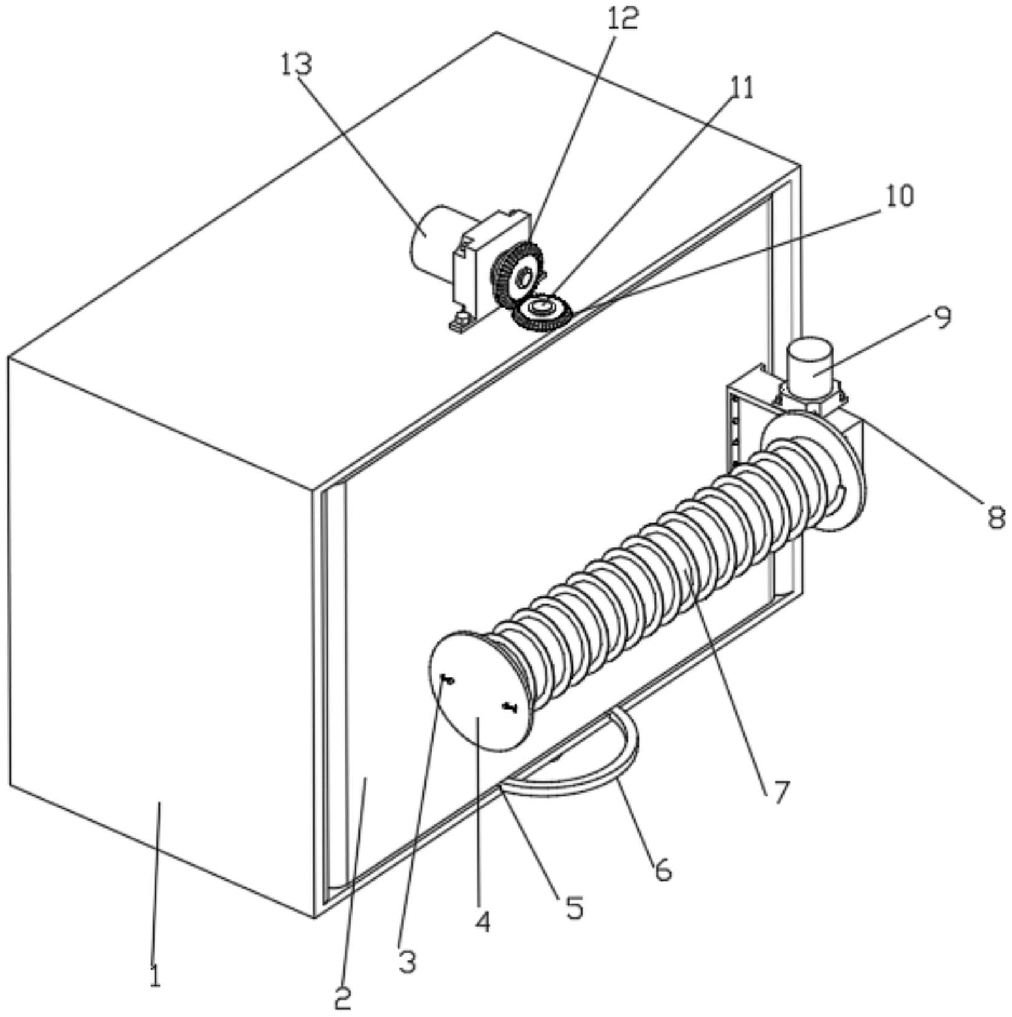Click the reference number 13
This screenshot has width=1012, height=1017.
296,65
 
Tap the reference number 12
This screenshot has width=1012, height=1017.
623,19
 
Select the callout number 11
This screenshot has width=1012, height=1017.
741,88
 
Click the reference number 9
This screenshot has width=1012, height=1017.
942,318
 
